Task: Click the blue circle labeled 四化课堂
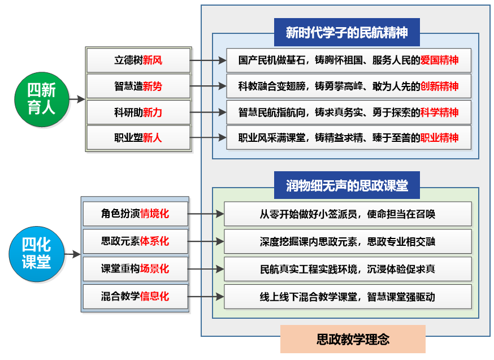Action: tap(36, 254)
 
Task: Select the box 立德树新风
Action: tap(138, 60)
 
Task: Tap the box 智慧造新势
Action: tap(138, 86)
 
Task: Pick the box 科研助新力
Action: tap(138, 112)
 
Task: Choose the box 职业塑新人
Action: tap(138, 137)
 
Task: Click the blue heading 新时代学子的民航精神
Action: tap(346, 32)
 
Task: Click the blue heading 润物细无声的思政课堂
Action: tap(346, 185)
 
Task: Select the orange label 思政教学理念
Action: tap(352, 339)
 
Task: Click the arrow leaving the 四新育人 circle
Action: tap(76, 99)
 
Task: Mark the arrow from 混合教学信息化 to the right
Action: tap(206, 296)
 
